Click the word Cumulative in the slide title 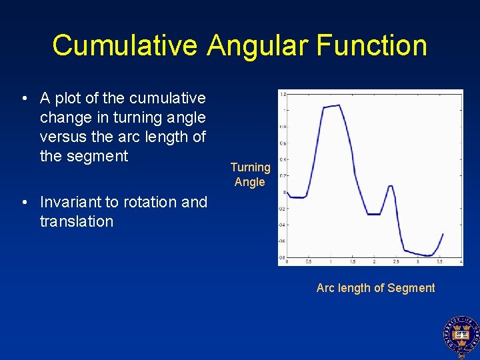[x=125, y=45]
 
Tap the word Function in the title [x=371, y=45]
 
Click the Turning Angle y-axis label [x=250, y=175]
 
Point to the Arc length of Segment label [x=375, y=288]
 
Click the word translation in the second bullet [x=77, y=221]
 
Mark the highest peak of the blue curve [x=339, y=105]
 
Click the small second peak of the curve [x=390, y=186]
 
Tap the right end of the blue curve [x=443, y=234]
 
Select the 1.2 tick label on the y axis [x=283, y=94]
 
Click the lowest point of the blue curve [x=429, y=256]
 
